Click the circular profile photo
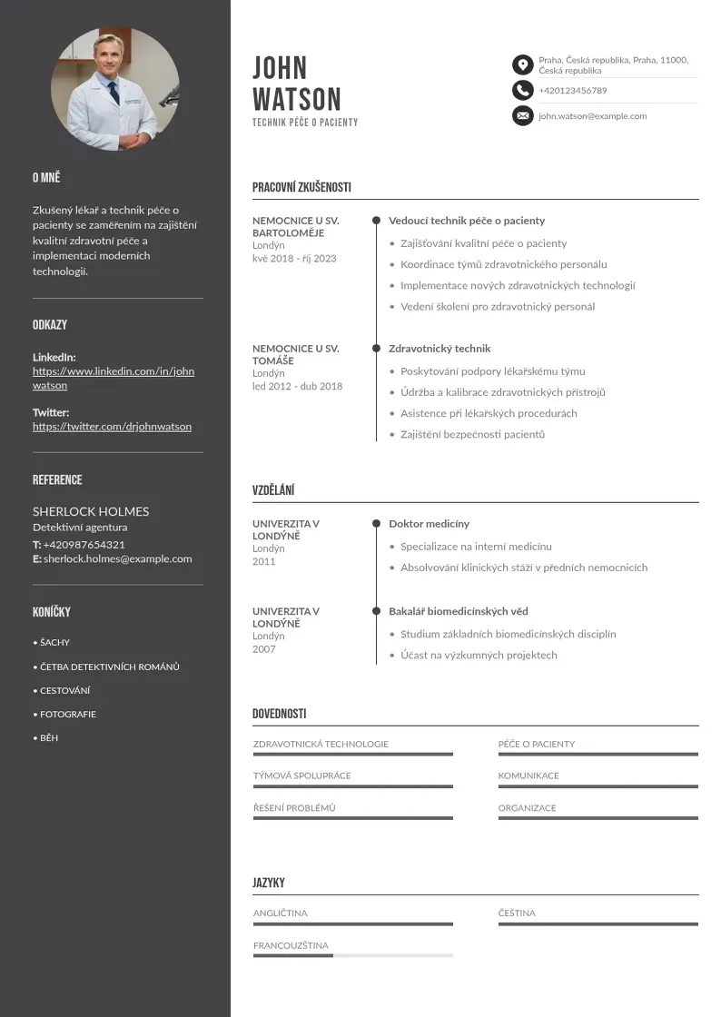pyautogui.click(x=114, y=89)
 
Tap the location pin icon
pyautogui.click(x=522, y=64)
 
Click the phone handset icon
pyautogui.click(x=522, y=90)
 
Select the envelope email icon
pyautogui.click(x=522, y=115)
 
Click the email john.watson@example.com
pyautogui.click(x=592, y=116)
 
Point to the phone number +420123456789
pyautogui.click(x=572, y=91)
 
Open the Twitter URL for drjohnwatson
pyautogui.click(x=112, y=426)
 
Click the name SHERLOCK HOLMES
pyautogui.click(x=91, y=511)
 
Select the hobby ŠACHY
pyautogui.click(x=54, y=642)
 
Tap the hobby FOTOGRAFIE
pyautogui.click(x=67, y=714)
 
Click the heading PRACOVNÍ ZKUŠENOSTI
pyautogui.click(x=301, y=187)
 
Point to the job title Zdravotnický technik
pyautogui.click(x=440, y=348)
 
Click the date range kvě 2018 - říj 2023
pyautogui.click(x=294, y=258)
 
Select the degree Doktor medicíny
pyautogui.click(x=429, y=524)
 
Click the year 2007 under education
pyautogui.click(x=263, y=649)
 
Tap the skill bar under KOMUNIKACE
pyautogui.click(x=598, y=786)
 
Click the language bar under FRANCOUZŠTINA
pyautogui.click(x=352, y=955)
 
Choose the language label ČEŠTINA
pyautogui.click(x=517, y=913)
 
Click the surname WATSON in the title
pyautogui.click(x=297, y=99)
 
